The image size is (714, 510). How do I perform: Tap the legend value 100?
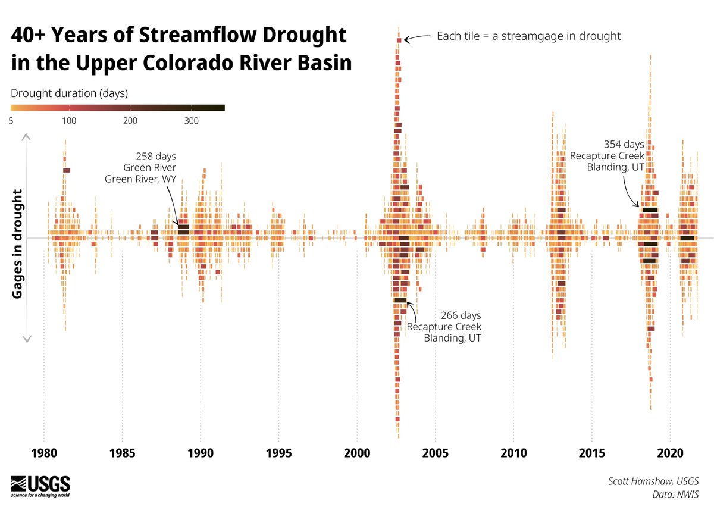tap(69, 121)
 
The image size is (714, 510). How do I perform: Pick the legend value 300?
tap(191, 121)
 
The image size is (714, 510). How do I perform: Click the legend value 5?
tap(12, 121)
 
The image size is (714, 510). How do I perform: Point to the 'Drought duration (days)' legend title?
tap(70, 93)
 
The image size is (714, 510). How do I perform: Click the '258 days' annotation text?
tap(156, 157)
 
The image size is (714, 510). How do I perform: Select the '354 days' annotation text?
tap(624, 144)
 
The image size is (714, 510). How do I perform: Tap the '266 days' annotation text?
tap(461, 315)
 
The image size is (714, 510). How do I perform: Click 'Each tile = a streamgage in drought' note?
tap(528, 36)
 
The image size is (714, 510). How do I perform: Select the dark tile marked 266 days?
tap(400, 301)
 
